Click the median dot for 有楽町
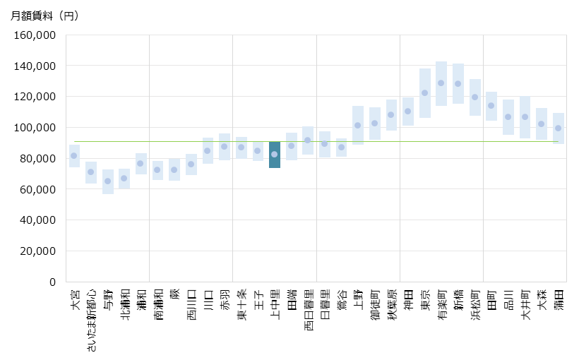(441, 83)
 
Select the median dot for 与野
(107, 181)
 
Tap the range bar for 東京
(425, 93)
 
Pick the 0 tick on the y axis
(52, 282)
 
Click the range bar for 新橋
(458, 83)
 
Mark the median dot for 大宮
(74, 155)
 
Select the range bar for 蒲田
(558, 128)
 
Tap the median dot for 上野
(358, 125)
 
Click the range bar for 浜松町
(474, 97)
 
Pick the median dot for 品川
(508, 116)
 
